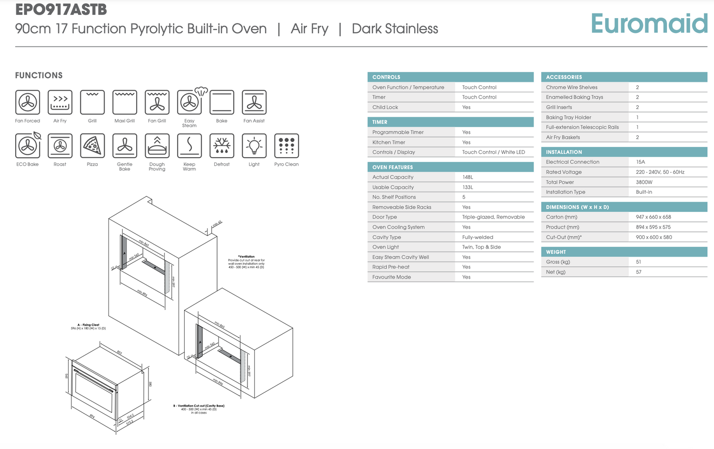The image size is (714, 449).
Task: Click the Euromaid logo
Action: [649, 23]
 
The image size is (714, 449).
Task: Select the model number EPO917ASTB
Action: [61, 9]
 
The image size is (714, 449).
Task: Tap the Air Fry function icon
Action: [60, 102]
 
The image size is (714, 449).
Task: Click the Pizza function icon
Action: [92, 146]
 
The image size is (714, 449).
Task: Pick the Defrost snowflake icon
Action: [222, 146]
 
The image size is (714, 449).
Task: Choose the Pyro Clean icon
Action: [287, 146]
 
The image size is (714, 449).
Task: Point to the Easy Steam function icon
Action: [190, 102]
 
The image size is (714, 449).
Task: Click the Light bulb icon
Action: [254, 146]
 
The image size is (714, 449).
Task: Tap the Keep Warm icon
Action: [189, 146]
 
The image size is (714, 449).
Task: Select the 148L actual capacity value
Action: [467, 177]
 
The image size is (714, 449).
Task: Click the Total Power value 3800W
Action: [644, 182]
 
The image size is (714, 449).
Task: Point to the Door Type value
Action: [493, 217]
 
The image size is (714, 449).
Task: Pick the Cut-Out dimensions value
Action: [654, 237]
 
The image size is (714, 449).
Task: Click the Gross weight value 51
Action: [638, 262]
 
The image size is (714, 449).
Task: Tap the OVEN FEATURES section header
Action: [393, 167]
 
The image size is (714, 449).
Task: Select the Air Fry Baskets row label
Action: [563, 138]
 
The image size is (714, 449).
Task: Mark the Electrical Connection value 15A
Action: [640, 162]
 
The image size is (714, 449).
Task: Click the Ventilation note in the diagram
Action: [246, 262]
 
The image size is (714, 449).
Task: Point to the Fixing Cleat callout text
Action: [88, 327]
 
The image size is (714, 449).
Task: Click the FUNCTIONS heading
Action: [39, 75]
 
